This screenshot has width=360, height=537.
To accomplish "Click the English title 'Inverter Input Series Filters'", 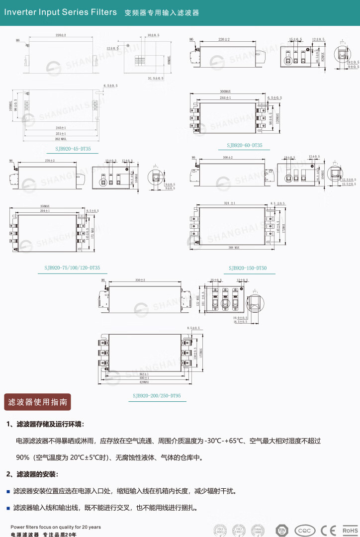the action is (x=61, y=12).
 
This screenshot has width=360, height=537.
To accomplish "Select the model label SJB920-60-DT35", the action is (x=245, y=145).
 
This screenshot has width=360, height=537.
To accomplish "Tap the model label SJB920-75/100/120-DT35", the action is (x=72, y=268).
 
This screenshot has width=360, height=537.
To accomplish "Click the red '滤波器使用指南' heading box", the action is (x=38, y=402).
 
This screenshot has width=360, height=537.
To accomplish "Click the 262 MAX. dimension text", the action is (x=61, y=139).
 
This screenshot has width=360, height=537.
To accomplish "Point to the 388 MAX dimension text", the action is (x=234, y=247).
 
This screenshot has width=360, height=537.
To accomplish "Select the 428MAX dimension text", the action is (x=145, y=382).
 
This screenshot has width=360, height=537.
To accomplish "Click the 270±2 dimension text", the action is (x=49, y=161).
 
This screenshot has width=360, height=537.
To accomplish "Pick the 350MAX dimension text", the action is (x=45, y=206).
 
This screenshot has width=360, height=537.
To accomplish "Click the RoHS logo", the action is (x=350, y=531).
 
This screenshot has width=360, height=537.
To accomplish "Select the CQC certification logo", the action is (x=305, y=531).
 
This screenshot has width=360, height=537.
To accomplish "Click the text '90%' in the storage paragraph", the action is (x=23, y=457).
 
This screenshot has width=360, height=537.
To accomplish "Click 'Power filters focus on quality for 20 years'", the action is (x=56, y=527).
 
